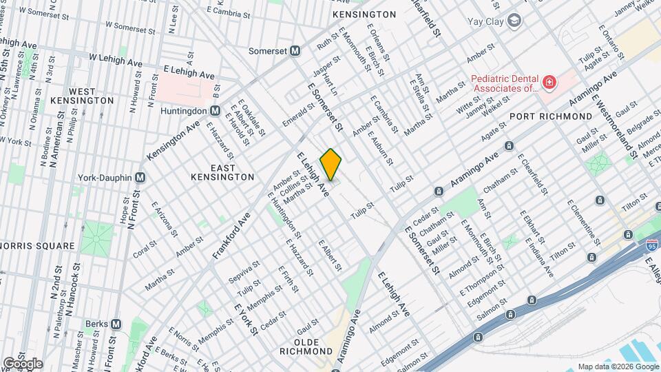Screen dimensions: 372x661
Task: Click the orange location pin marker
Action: pyautogui.click(x=330, y=164)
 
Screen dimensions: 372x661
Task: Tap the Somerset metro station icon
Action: pyautogui.click(x=295, y=50)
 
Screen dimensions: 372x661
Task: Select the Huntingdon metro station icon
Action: pyautogui.click(x=215, y=110)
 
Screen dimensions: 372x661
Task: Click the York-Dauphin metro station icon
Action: pyautogui.click(x=140, y=177)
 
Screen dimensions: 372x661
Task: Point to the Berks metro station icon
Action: pyautogui.click(x=116, y=324)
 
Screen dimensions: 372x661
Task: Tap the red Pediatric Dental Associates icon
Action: pyautogui.click(x=549, y=84)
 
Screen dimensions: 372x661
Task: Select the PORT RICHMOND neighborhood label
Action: pyautogui.click(x=551, y=117)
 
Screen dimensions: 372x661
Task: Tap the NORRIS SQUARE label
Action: pyautogui.click(x=37, y=246)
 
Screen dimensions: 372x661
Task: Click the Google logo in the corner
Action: pyautogui.click(x=22, y=363)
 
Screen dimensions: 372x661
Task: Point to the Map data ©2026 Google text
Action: pyautogui.click(x=617, y=366)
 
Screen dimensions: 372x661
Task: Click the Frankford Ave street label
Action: pyautogui.click(x=231, y=235)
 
